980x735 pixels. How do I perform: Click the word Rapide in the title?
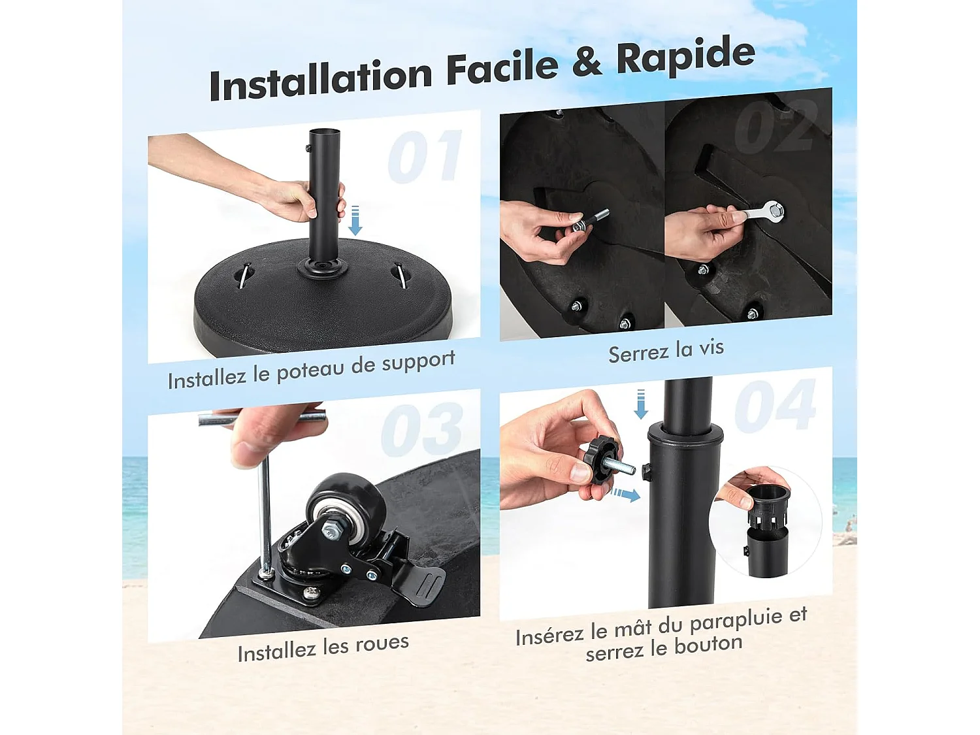tap(686, 57)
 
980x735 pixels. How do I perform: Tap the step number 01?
tap(425, 157)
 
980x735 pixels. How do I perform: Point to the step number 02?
tap(776, 125)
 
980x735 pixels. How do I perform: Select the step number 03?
tap(422, 429)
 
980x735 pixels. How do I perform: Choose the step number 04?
tap(776, 406)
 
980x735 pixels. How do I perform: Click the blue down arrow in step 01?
tap(355, 220)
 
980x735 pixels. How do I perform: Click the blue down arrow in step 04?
tap(641, 404)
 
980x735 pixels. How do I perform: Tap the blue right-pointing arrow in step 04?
tap(625, 494)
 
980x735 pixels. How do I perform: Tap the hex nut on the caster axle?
tap(331, 530)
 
